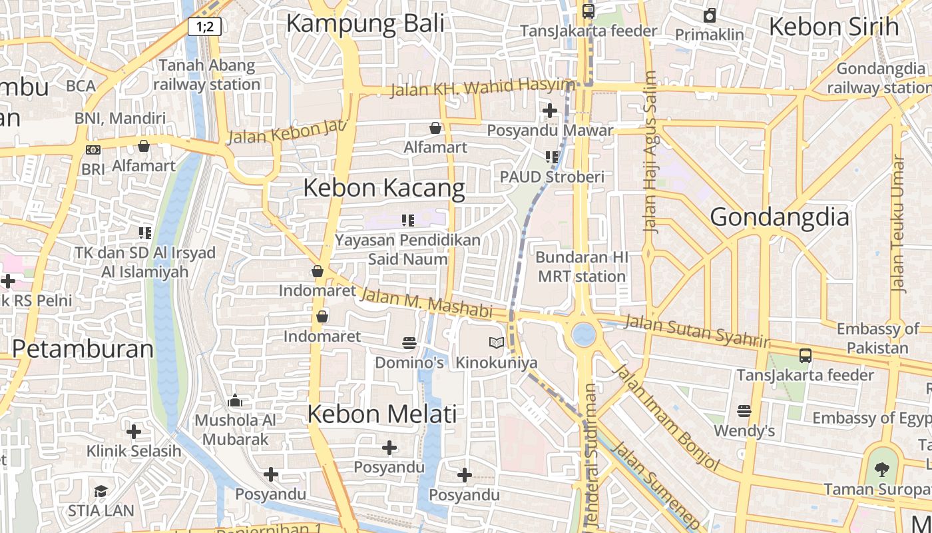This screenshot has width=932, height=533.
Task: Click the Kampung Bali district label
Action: coord(365,23)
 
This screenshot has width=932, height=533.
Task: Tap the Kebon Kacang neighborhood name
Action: coord(384,188)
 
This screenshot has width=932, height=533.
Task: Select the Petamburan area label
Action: coord(83,348)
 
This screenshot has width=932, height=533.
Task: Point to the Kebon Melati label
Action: coord(382,414)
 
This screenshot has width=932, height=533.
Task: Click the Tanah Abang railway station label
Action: coord(206,75)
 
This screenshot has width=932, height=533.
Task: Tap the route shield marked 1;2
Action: coord(204,27)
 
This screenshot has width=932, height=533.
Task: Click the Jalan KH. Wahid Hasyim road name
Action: coord(483,87)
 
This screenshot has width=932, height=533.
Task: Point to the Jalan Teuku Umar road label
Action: coord(899,224)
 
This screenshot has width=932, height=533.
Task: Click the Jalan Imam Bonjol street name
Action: coord(666,417)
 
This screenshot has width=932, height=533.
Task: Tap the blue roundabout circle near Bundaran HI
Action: coord(584,334)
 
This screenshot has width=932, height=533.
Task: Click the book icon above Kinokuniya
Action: coord(497,343)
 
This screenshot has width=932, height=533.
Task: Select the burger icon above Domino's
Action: coord(409,343)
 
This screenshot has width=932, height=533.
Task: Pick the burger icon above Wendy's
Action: coord(744,411)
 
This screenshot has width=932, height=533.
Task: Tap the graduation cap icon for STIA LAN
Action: coord(101,491)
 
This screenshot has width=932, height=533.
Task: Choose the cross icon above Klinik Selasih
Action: coord(134,432)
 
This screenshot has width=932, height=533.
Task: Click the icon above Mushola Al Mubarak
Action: coord(235,401)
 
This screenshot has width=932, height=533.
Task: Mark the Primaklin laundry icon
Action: coord(710,15)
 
